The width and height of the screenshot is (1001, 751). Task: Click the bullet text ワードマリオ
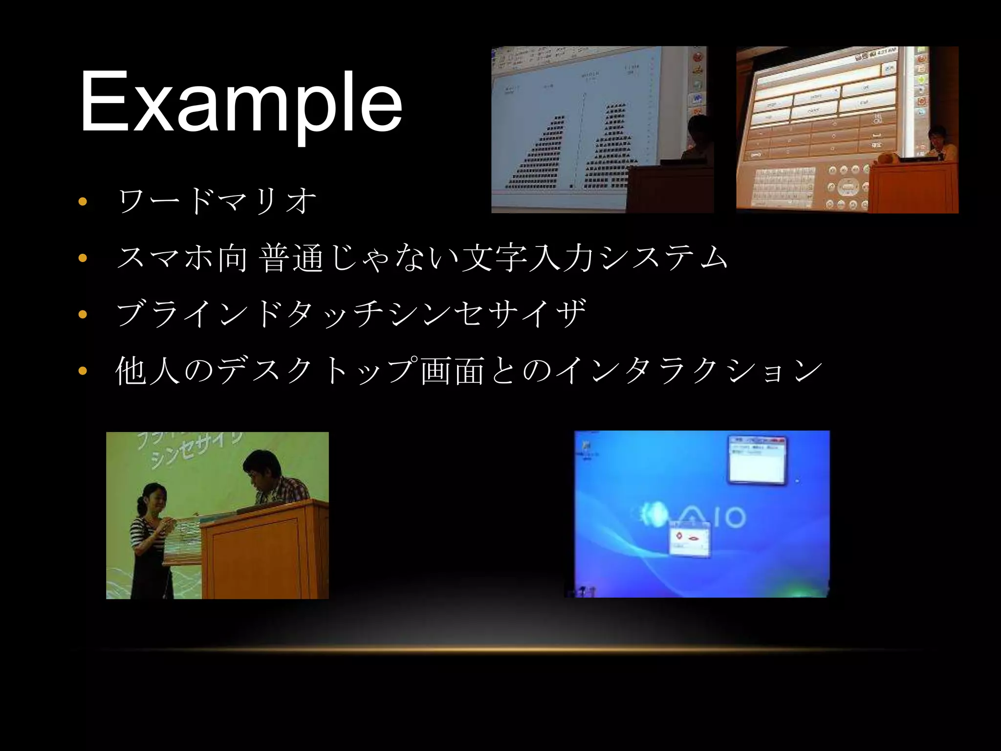[x=217, y=201]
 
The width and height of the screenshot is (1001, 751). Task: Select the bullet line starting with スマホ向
[x=422, y=258]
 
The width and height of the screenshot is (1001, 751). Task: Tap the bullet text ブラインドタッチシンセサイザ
[x=351, y=313]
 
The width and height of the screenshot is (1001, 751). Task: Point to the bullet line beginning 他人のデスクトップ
[x=468, y=370]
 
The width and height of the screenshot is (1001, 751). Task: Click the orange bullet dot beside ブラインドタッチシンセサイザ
[x=82, y=314]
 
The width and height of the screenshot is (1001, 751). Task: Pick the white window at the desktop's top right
[x=758, y=460]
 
